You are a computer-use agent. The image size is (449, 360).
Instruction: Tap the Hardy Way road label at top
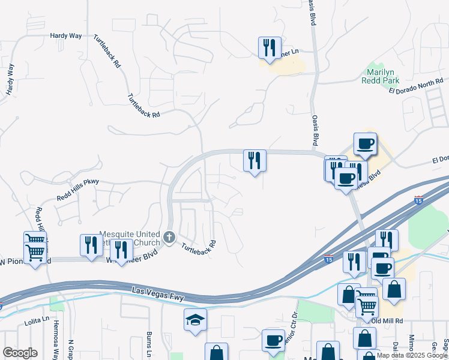(x=66, y=36)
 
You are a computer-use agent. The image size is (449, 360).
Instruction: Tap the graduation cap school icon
(x=195, y=320)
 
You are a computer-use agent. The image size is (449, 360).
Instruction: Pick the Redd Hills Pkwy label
(x=77, y=189)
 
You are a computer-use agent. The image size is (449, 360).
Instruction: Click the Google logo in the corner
(x=20, y=353)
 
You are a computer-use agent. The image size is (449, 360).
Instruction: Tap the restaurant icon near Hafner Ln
(x=270, y=47)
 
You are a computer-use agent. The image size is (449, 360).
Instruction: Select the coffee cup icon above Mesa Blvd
(x=365, y=144)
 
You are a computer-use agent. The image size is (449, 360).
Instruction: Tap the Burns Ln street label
(x=149, y=342)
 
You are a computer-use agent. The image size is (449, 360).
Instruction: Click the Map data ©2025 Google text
(x=412, y=355)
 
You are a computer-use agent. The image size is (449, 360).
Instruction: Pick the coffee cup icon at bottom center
(x=274, y=340)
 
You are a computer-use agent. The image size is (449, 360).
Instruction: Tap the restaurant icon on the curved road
(x=255, y=161)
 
